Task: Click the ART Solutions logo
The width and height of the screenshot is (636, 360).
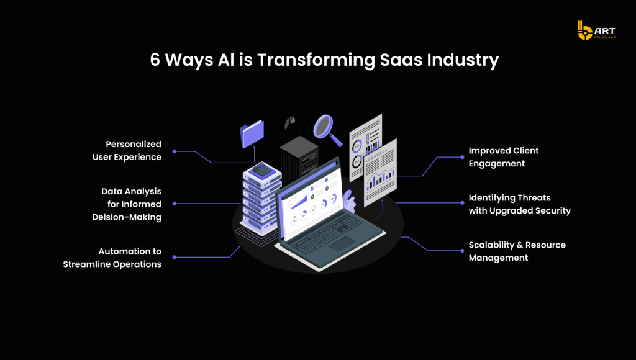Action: (596, 30)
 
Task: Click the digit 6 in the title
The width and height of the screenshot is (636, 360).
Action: (155, 60)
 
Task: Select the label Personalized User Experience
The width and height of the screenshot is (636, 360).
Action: (127, 150)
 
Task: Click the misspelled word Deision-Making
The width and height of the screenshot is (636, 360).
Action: (127, 217)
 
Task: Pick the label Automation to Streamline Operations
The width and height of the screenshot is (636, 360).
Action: (112, 258)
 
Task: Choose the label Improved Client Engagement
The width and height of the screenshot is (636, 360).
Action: (503, 157)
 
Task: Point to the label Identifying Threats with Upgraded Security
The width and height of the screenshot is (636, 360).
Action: (520, 204)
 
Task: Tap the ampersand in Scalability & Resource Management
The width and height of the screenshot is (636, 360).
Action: (519, 245)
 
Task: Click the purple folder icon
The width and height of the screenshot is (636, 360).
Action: (252, 134)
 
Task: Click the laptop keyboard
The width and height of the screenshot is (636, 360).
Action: (327, 233)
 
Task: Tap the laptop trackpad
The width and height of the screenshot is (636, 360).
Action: (342, 244)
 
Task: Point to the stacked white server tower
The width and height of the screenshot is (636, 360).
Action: (261, 199)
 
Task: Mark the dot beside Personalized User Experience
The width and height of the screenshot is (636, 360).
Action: (175, 151)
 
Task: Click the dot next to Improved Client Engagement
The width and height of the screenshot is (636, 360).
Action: (462, 157)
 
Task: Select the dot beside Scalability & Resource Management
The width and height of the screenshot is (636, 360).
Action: (462, 251)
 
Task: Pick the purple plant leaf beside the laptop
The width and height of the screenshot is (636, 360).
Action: (348, 200)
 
